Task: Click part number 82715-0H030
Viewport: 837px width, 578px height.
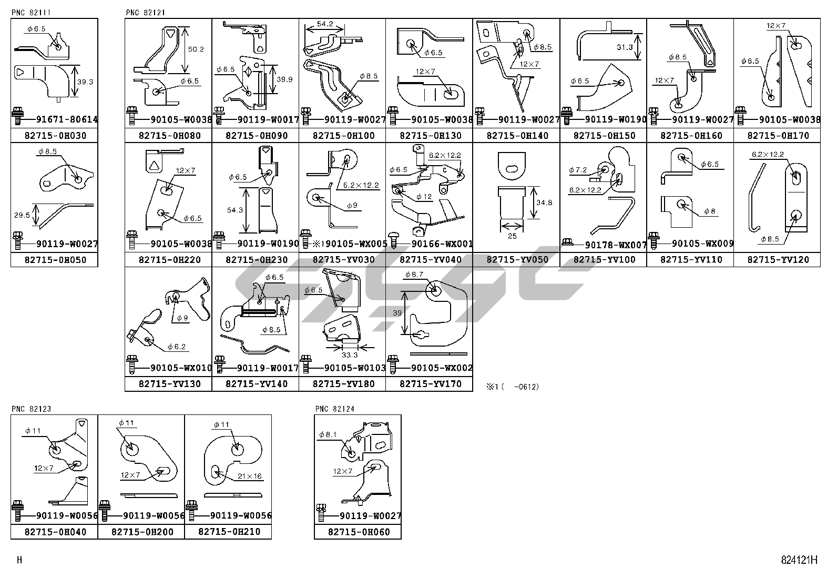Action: coord(54,136)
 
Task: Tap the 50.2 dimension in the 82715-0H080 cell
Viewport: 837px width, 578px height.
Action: coord(196,49)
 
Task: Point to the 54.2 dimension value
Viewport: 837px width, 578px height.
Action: coord(325,24)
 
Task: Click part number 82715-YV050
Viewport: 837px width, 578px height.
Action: coord(516,260)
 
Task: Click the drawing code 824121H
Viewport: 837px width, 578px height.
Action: coord(799,560)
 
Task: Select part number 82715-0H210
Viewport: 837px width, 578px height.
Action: coord(228,532)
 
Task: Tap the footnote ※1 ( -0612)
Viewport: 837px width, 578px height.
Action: coord(513,387)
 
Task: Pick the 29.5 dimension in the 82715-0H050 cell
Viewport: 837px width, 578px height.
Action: coord(22,215)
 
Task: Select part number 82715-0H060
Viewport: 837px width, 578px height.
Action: coord(358,532)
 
